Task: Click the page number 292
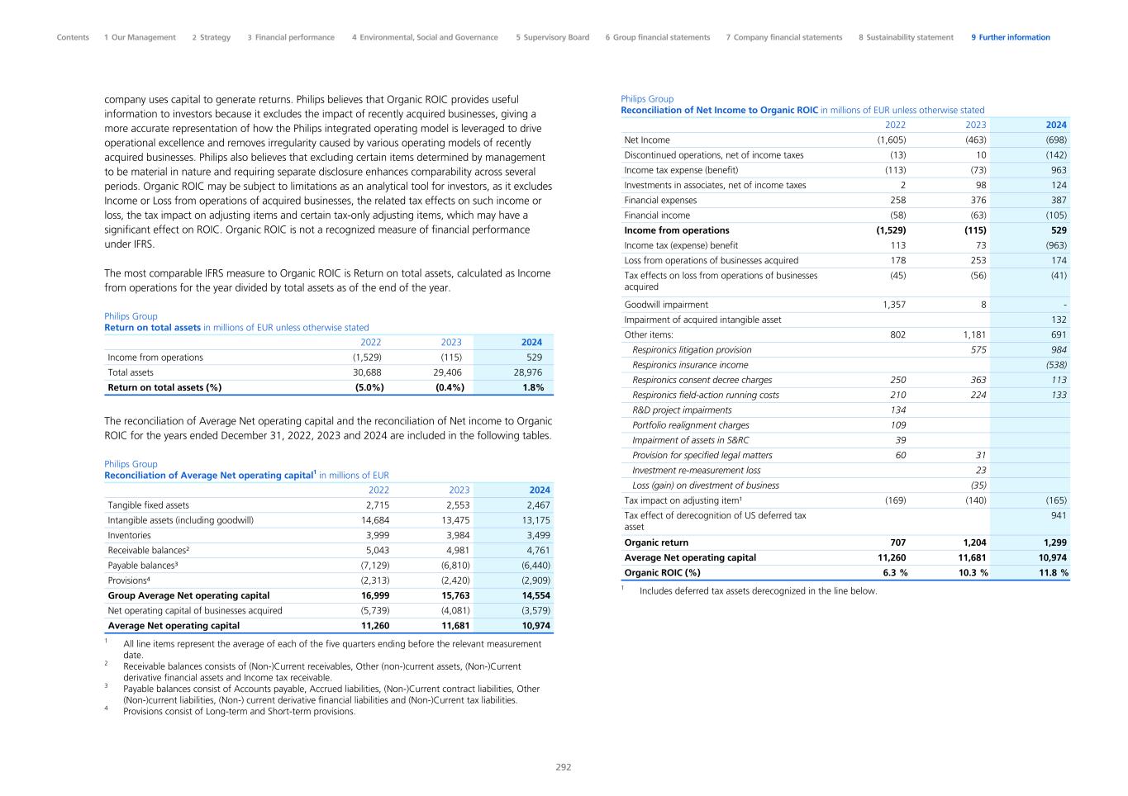(563, 767)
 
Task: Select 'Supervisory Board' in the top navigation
(552, 37)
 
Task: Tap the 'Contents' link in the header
(73, 37)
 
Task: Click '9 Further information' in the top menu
(1010, 37)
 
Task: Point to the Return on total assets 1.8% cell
(533, 387)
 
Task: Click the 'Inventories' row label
(129, 535)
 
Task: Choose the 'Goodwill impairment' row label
(666, 305)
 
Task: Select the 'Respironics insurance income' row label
(690, 365)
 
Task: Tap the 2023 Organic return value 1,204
(974, 543)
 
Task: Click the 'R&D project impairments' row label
(682, 410)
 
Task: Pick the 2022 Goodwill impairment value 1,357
(893, 305)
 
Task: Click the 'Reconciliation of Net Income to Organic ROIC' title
(719, 110)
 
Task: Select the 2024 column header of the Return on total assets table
(531, 342)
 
